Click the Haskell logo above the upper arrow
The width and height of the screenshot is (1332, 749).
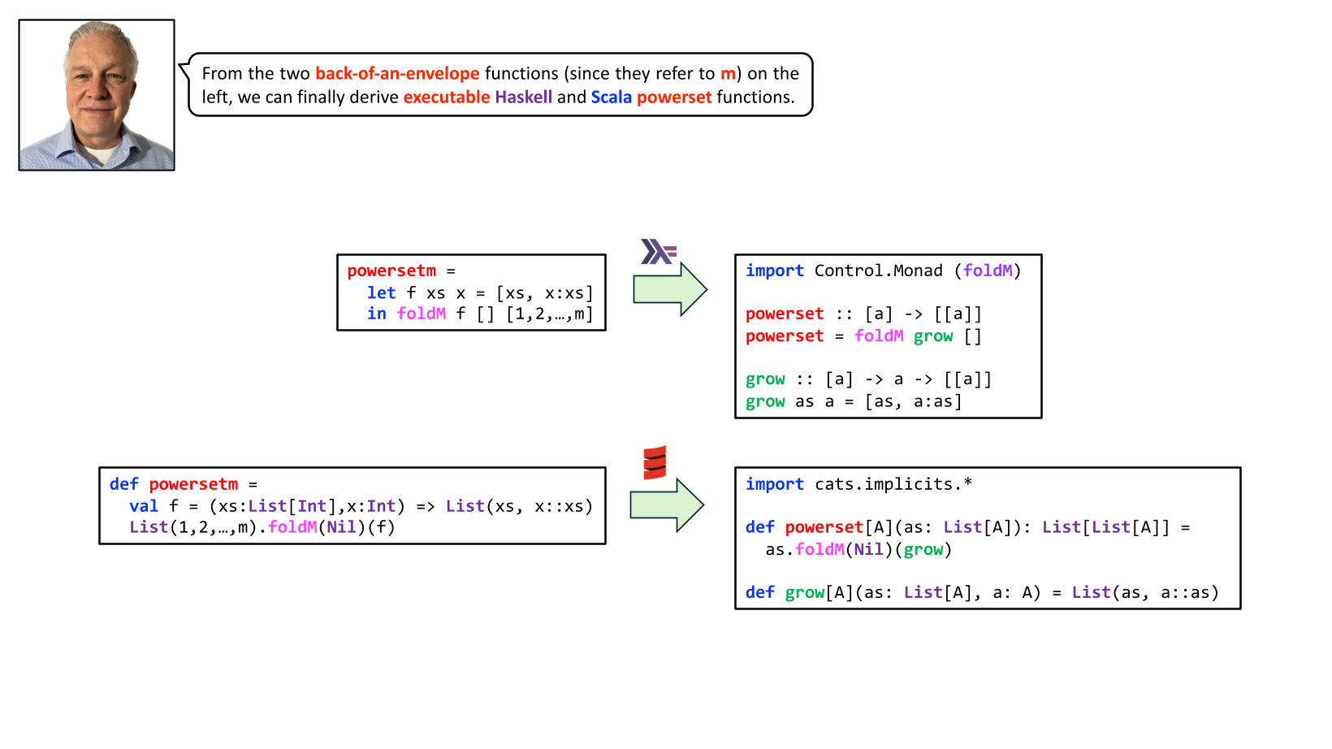[658, 251]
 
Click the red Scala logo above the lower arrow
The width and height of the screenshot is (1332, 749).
[655, 462]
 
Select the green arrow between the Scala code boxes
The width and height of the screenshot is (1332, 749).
[667, 504]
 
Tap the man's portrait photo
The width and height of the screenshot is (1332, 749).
[97, 95]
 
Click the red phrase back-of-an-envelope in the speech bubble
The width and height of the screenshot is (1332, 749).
[397, 74]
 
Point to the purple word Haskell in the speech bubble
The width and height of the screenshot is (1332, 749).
[523, 97]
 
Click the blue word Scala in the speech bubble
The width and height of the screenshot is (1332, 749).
[611, 97]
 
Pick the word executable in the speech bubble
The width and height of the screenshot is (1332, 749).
[447, 97]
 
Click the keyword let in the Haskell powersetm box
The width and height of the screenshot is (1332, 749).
[381, 292]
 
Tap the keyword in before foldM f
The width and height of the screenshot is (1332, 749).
[376, 314]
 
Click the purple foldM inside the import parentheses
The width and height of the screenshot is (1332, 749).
[988, 271]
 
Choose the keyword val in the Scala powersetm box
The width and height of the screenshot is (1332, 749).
[144, 506]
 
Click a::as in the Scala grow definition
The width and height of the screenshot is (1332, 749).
[1190, 592]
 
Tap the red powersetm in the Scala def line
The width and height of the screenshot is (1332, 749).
[193, 484]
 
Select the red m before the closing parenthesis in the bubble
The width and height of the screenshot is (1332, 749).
[728, 74]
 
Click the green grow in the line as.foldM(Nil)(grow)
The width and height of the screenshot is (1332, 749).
[923, 549]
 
